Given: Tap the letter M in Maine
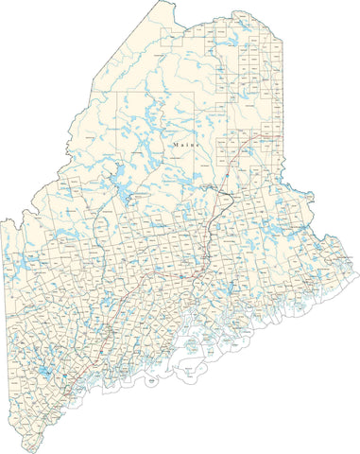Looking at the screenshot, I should click(x=177, y=146).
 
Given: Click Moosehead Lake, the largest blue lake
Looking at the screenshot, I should click(x=120, y=174).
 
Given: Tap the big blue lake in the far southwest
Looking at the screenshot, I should click(x=43, y=375).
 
